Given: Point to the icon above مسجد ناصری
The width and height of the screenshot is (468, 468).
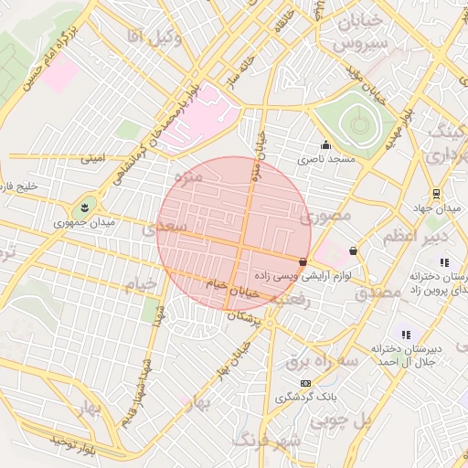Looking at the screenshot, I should point(325,144).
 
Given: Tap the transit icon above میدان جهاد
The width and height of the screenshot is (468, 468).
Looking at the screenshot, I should point(436,194).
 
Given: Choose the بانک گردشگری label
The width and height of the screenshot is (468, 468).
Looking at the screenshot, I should point(306,398).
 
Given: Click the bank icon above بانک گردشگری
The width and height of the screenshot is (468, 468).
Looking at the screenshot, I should point(305,383).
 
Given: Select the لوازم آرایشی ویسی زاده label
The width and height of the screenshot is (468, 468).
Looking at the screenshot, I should point(312,274).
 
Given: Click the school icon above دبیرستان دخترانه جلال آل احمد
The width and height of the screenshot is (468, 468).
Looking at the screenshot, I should point(406,335).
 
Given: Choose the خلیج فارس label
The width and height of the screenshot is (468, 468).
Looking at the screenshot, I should point(19,187).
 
